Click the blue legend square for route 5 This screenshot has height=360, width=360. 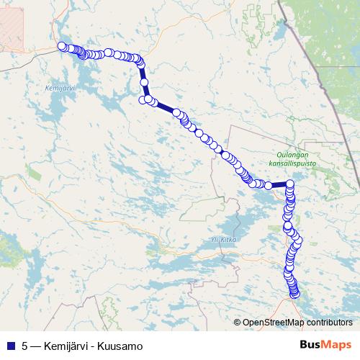click(x=10, y=346)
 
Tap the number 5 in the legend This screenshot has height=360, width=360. click(x=25, y=346)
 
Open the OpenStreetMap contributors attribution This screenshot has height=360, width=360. click(x=297, y=323)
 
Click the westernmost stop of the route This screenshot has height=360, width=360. click(x=62, y=47)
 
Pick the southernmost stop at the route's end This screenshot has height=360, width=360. click(x=294, y=293)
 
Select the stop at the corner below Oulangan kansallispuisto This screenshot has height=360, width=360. click(x=290, y=184)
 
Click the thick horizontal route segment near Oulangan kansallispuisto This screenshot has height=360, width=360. click(x=279, y=185)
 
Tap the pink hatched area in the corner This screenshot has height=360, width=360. click(x=12, y=22)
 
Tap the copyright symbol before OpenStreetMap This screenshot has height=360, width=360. click(x=238, y=323)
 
